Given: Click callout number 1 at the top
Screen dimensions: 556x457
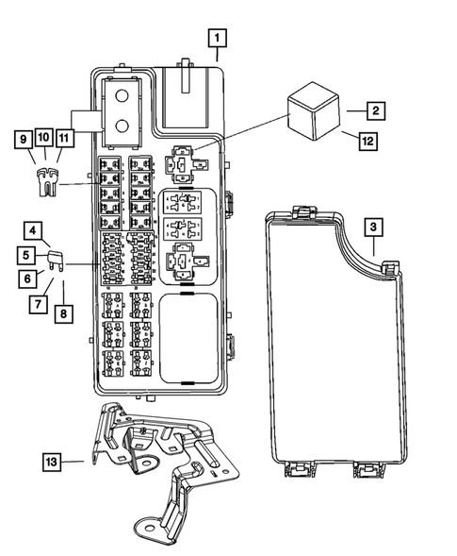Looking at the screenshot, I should click(218, 38).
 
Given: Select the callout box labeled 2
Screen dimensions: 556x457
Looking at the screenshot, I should click(374, 111).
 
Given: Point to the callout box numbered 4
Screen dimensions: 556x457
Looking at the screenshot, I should click(32, 230).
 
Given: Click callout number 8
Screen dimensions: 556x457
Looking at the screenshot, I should click(63, 312).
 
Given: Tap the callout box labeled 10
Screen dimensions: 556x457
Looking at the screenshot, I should click(43, 139).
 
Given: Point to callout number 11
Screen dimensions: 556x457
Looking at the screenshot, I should click(63, 139).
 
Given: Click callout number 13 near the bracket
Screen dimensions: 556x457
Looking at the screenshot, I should click(57, 462).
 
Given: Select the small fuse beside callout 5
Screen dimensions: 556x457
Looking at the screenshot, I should click(55, 257).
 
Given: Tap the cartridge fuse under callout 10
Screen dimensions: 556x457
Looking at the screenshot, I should click(43, 179).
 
